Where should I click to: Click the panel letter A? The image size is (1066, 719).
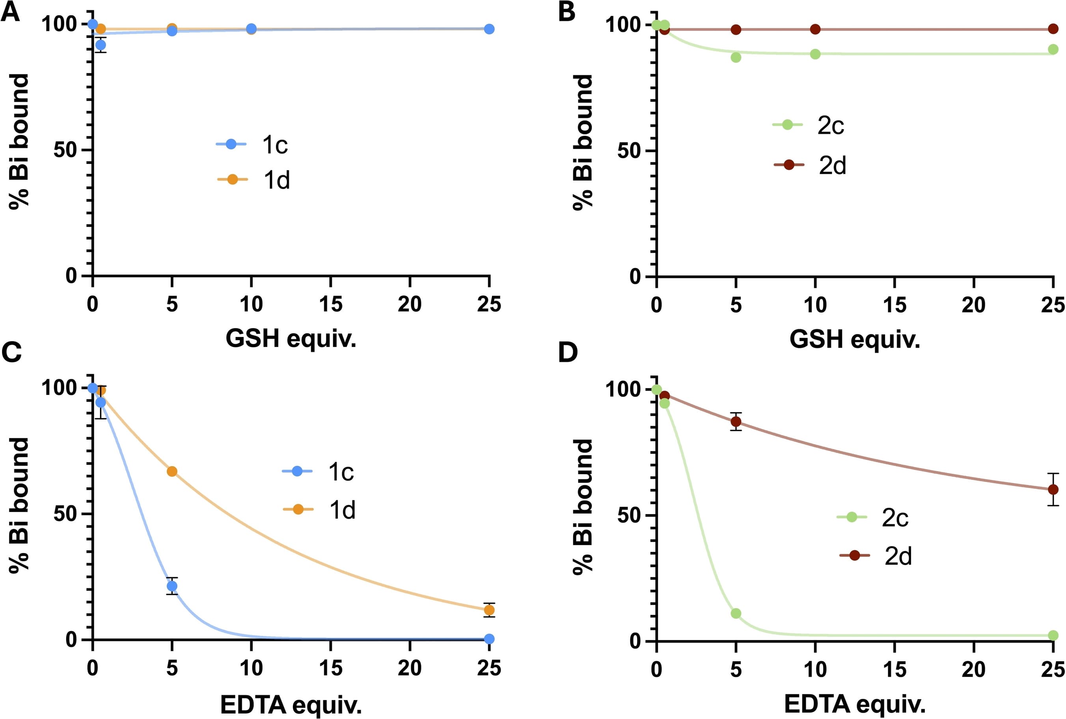(x=11, y=12)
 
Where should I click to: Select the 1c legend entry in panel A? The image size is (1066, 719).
(x=252, y=145)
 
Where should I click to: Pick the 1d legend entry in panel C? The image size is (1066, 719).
(x=319, y=509)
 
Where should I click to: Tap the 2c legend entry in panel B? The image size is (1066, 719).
(x=808, y=125)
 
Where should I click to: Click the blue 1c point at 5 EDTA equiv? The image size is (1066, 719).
(x=172, y=586)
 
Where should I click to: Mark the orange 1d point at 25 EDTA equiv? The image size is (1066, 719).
(x=489, y=610)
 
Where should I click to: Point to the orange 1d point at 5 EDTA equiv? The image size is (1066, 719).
(x=172, y=471)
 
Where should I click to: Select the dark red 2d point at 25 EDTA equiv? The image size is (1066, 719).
(x=1053, y=489)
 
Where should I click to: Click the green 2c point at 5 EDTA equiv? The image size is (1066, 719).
(x=736, y=613)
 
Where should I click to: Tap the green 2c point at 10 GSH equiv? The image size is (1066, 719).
(x=815, y=54)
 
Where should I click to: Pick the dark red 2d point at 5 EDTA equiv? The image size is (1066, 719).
(x=736, y=421)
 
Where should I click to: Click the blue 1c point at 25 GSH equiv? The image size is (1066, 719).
(x=489, y=29)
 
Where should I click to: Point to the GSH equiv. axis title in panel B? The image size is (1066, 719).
(x=855, y=339)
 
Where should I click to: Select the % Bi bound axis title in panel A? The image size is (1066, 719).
(x=19, y=141)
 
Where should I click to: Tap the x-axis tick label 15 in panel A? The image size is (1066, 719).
(x=331, y=304)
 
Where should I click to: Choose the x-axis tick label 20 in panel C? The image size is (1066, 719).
(x=410, y=668)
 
